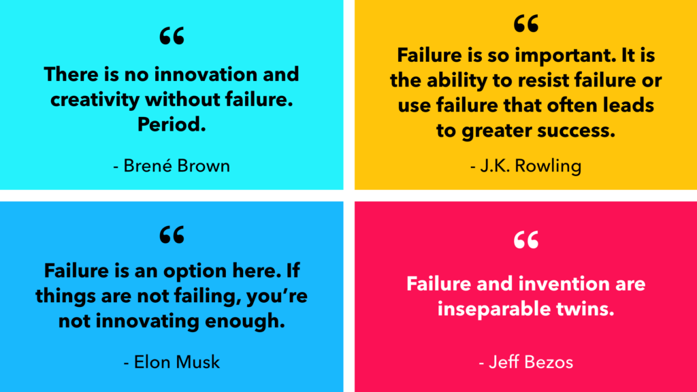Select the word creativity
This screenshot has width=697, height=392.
point(95,99)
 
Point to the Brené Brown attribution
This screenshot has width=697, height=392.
point(172,166)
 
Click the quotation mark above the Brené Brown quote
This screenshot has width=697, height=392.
point(172,36)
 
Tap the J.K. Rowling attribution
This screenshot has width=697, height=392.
point(526,166)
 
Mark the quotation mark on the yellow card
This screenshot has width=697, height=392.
point(526,23)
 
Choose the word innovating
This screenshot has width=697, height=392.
point(146,321)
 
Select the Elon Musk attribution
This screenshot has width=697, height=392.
point(172,362)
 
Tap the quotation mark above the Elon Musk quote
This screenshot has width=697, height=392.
point(172,235)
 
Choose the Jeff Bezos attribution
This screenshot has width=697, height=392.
point(526,362)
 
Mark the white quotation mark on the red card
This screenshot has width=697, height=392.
point(526,240)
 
